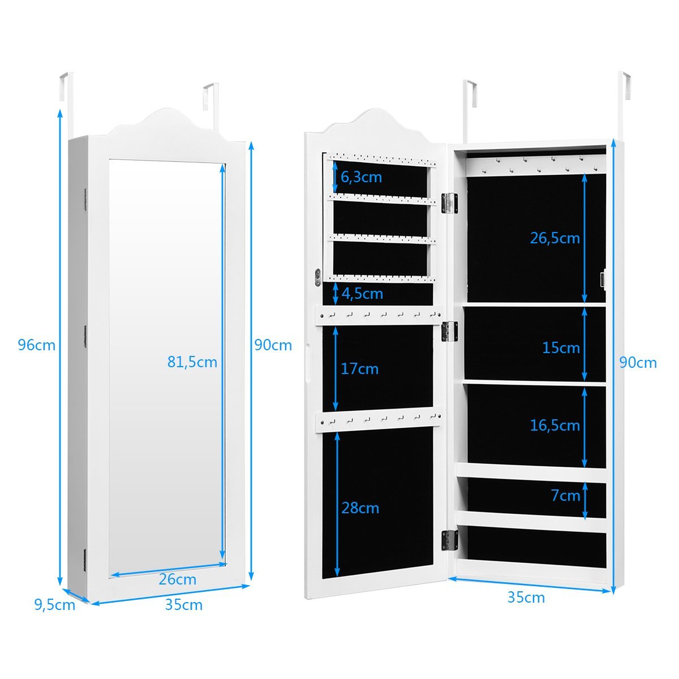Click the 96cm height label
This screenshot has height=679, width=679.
point(37,344)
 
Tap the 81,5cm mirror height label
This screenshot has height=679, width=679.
point(192,362)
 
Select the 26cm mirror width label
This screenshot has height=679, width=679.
point(177,579)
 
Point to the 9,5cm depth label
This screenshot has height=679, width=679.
point(54,605)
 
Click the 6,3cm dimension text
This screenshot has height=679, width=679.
point(361,177)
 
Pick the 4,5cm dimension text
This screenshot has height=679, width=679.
point(362,294)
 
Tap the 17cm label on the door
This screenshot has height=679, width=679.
point(359,369)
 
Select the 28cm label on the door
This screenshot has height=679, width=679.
point(360,508)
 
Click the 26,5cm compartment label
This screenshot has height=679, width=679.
point(555,238)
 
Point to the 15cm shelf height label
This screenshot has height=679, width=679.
point(561,347)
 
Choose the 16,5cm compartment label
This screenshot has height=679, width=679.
point(555,425)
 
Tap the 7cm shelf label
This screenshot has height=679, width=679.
point(565,496)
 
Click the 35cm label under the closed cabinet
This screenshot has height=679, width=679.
point(184,605)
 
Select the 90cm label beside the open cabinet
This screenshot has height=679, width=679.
point(638,363)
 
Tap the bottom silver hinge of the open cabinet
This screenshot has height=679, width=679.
point(449,540)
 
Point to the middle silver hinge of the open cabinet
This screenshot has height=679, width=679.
point(449,332)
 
